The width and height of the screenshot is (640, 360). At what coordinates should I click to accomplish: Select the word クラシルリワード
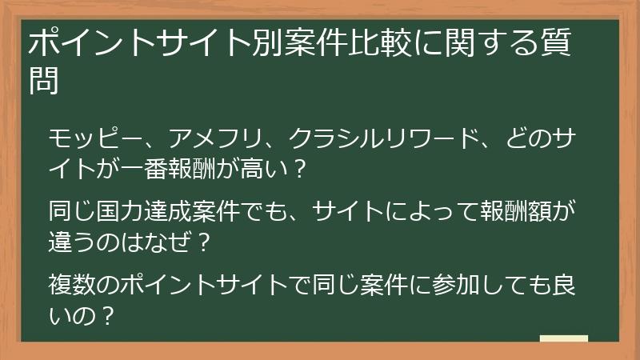point(382,139)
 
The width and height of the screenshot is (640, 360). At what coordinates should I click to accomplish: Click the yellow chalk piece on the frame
point(563,339)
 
